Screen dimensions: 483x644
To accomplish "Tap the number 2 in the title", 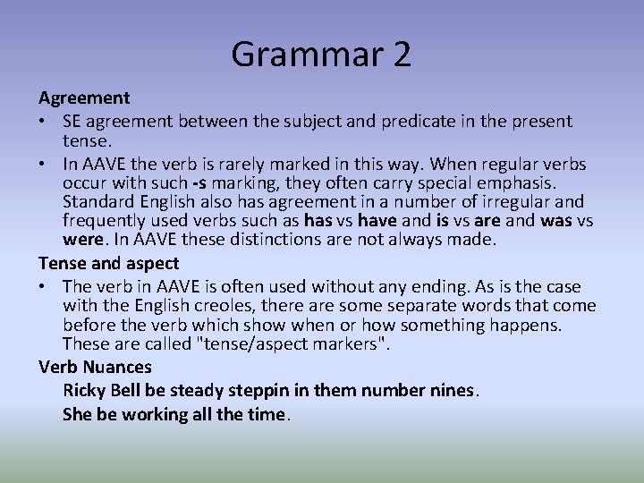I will (401, 55).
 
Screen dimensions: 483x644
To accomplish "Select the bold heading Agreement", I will (84, 97).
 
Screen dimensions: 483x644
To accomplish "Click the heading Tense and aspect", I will (108, 263).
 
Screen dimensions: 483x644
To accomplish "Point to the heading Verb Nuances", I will (95, 367).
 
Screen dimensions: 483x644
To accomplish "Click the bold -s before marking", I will (199, 184).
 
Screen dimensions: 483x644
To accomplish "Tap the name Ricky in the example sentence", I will (84, 391).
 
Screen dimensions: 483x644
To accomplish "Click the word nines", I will (454, 391).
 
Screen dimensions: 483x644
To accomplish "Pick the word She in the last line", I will (76, 414).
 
